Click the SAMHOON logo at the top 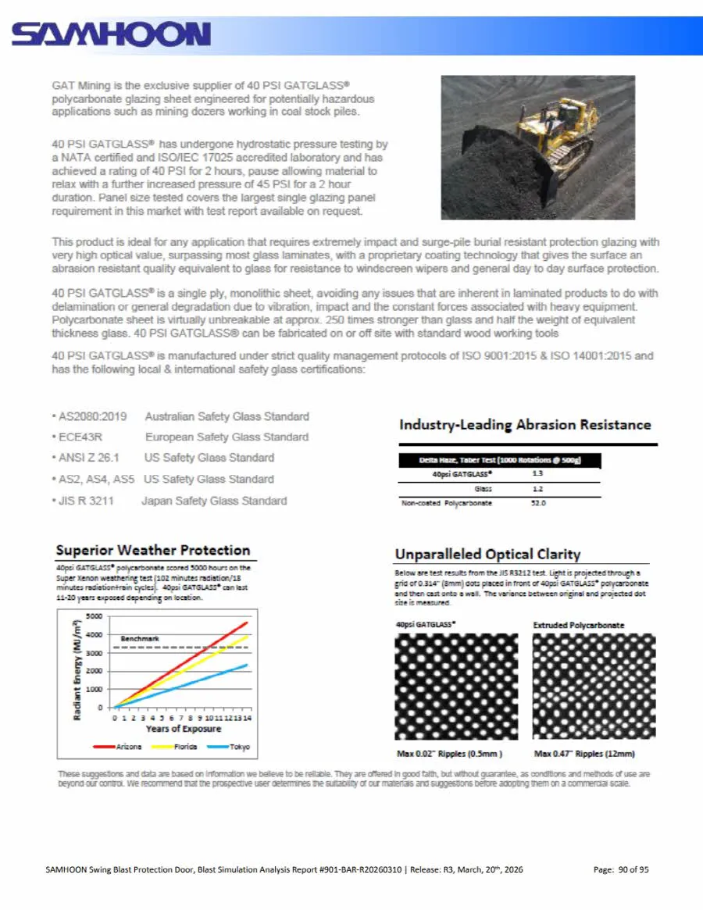(x=111, y=34)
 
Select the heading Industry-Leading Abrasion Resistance (x=524, y=425)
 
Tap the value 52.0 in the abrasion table (x=538, y=503)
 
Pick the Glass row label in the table (x=483, y=489)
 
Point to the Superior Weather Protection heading (x=153, y=550)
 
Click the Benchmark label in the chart (x=139, y=638)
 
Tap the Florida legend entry (x=184, y=747)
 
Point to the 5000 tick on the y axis (x=94, y=616)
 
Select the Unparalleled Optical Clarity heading (x=487, y=555)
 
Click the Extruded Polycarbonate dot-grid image (x=594, y=686)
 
